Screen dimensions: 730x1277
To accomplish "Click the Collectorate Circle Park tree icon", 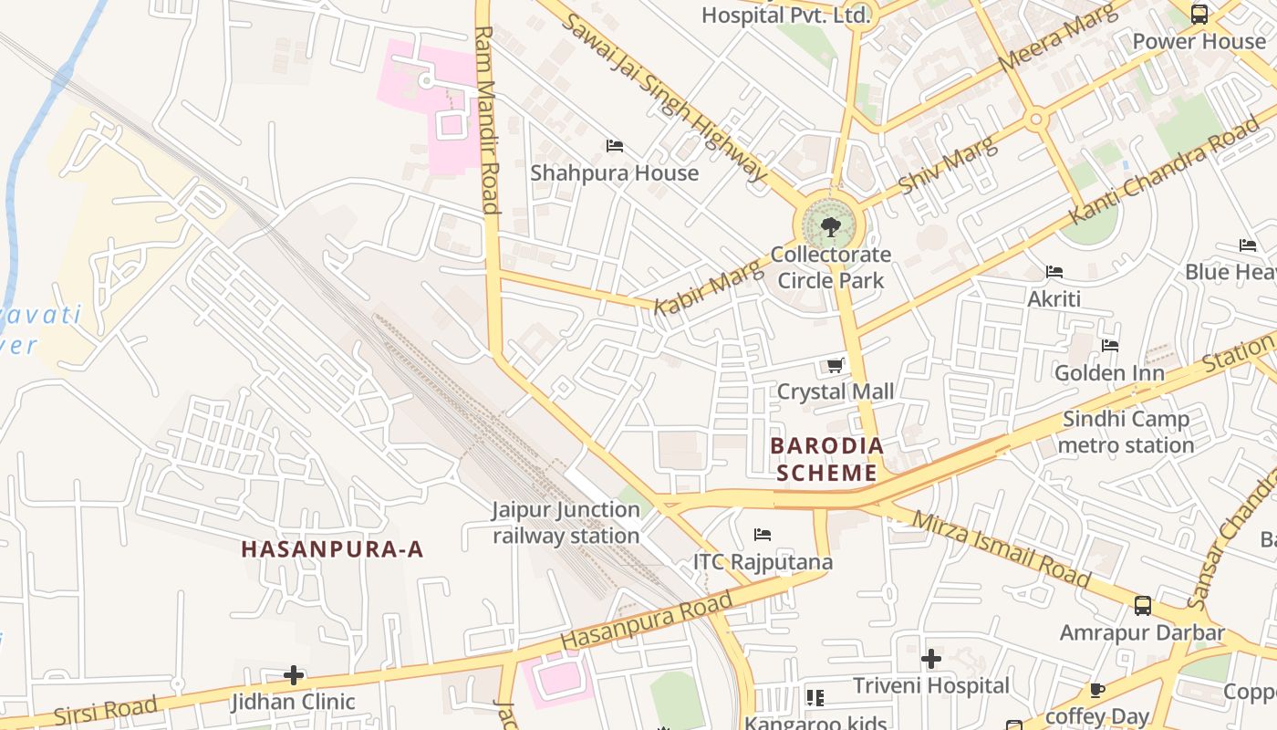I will pos(829,226).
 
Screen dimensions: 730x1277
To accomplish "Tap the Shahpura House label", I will pos(614,172).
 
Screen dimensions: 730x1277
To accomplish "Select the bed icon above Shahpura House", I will pos(614,145).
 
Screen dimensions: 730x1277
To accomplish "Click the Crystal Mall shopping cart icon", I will pos(835,365).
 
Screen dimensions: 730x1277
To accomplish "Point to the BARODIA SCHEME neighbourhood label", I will pos(826,459).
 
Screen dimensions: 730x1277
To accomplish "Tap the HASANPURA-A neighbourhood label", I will pos(332,548).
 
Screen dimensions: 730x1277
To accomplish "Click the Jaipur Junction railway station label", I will pos(566,523).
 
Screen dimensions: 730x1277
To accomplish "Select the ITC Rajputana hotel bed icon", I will pos(763,534).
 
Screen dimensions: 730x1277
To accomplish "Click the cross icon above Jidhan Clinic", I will pos(293,675).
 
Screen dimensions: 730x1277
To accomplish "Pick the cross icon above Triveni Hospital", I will pos(930,658).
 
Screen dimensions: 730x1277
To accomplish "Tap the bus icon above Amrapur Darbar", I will pos(1142,605).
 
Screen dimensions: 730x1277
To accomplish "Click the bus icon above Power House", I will pos(1199,14).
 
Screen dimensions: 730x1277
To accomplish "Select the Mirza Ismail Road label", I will pos(1002,548).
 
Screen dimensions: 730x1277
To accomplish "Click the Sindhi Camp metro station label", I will pos(1126,433).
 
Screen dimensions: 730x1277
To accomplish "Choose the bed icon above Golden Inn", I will pos(1109,346).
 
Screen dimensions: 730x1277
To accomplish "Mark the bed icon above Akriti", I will pos(1054,272).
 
